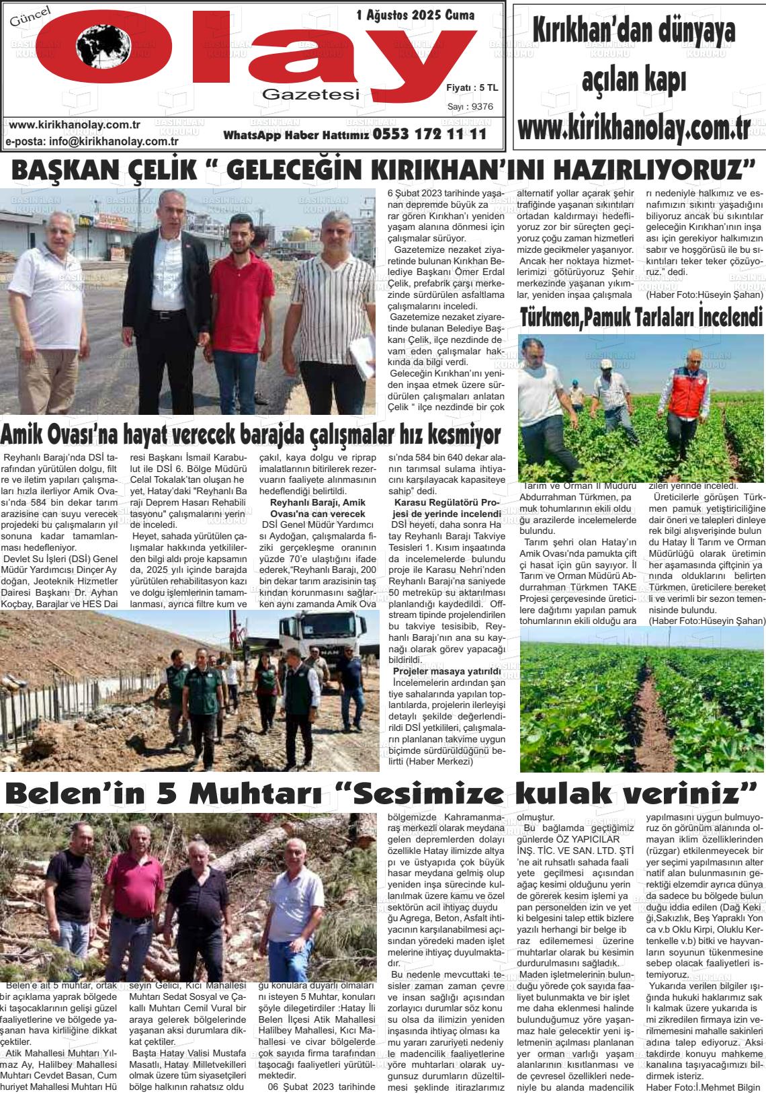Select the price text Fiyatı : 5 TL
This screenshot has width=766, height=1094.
(472, 88)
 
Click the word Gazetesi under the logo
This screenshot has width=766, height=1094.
(311, 95)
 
